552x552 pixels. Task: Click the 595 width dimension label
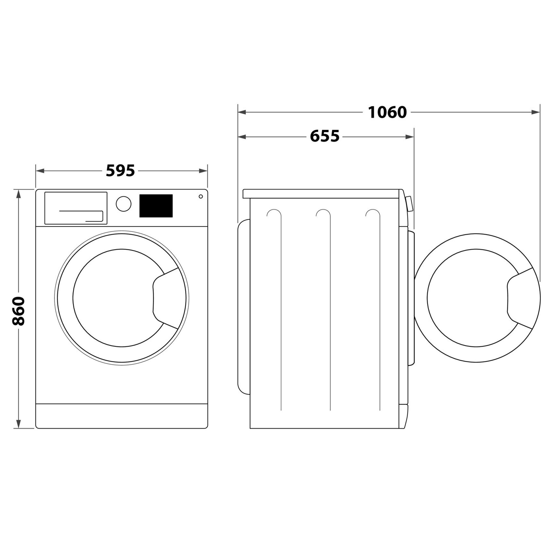[120, 171]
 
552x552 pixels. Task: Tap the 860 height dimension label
[18, 311]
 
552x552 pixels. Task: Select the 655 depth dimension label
[325, 136]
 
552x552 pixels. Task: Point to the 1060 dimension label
[387, 112]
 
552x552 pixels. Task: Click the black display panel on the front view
[156, 206]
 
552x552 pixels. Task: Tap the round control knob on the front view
[124, 204]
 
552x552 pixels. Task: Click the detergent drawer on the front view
[76, 208]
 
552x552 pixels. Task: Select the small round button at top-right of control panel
[201, 196]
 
